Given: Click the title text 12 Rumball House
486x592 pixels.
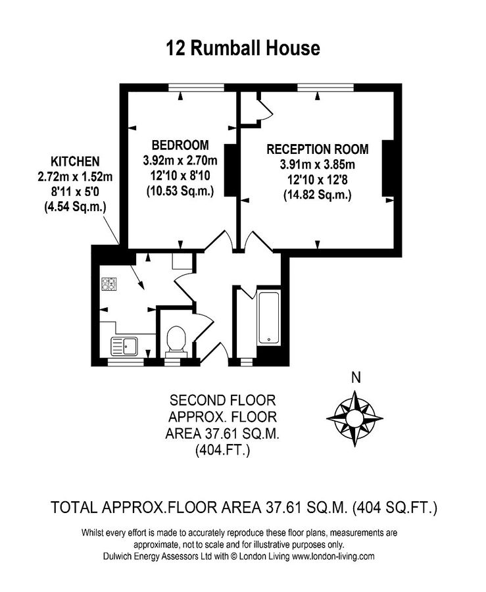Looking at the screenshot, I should pos(243,48).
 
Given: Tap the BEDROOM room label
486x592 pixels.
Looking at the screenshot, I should pos(180,145).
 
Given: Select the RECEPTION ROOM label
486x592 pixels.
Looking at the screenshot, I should pos(317,149).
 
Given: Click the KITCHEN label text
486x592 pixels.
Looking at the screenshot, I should pos(75,161).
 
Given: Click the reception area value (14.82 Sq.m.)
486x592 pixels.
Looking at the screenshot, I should pos(317,195).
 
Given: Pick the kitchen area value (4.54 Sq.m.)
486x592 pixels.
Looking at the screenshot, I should pos(75,207).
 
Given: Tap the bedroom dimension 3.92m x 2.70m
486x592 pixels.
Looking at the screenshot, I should pos(180,160).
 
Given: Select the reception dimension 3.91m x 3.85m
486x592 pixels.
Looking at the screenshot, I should pos(317,164).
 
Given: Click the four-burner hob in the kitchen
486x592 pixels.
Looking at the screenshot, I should pos(109,284).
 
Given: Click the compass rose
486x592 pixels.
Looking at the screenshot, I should pos(355,416).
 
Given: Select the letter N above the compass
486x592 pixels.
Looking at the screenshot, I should pos(356,378).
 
